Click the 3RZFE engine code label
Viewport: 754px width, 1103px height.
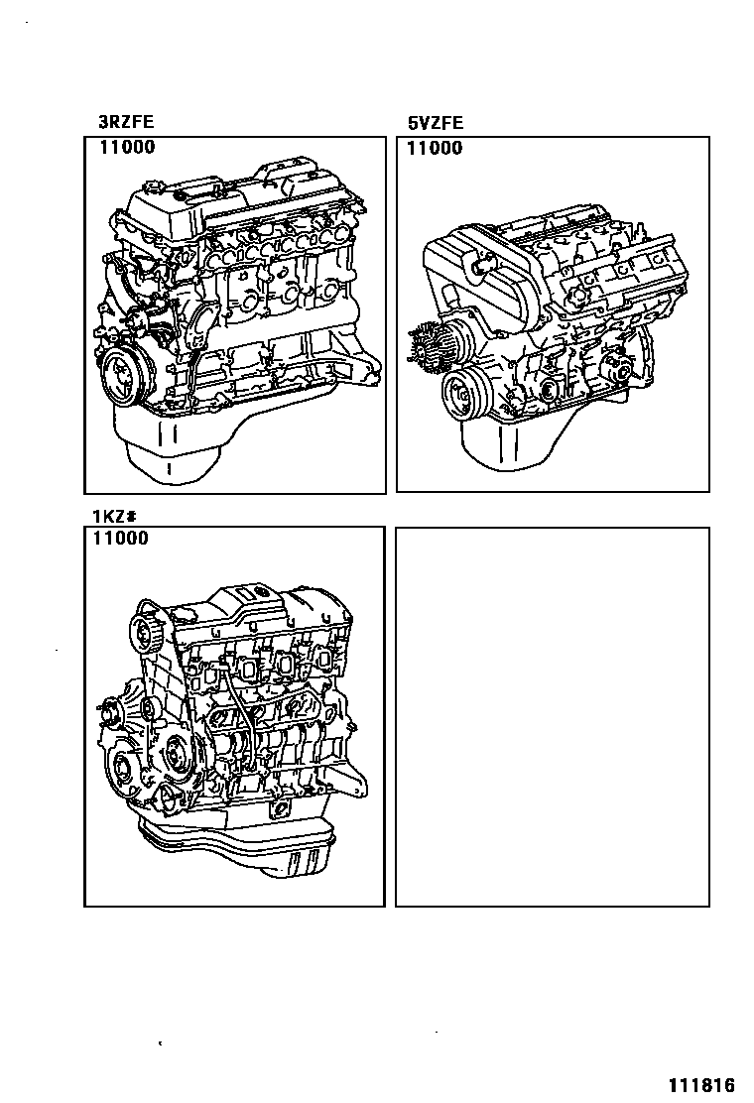[x=125, y=124]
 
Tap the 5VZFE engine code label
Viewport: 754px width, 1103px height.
[x=436, y=124]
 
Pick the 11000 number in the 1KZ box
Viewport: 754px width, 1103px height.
[x=120, y=539]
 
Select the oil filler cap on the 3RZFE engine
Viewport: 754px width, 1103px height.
[x=160, y=188]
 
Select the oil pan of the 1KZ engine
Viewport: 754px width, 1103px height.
[x=238, y=848]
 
